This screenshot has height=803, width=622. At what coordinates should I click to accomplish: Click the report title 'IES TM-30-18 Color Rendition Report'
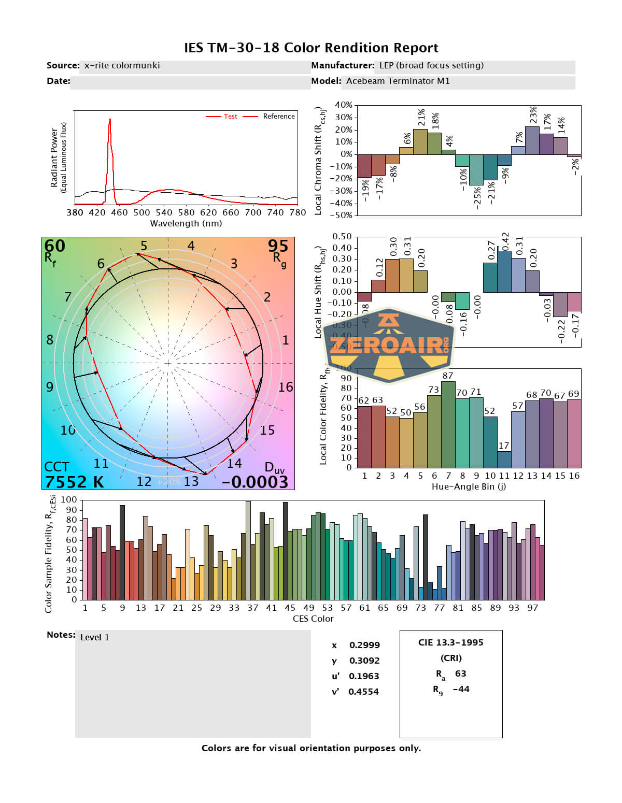click(311, 48)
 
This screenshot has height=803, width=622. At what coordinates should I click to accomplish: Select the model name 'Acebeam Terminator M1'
click(398, 81)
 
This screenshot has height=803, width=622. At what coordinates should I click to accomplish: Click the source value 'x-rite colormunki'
click(122, 65)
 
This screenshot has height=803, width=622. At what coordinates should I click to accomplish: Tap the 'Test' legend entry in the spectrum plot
click(230, 117)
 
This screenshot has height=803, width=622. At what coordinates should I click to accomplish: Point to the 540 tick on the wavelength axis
click(164, 212)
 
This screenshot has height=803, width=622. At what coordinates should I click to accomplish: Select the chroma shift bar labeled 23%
click(532, 140)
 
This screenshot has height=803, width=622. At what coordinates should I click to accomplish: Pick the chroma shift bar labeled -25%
click(476, 169)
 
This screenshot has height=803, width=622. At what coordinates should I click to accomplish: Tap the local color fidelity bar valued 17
click(504, 459)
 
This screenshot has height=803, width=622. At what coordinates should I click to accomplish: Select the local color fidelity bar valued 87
click(448, 424)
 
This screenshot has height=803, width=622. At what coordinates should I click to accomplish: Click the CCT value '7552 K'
click(74, 482)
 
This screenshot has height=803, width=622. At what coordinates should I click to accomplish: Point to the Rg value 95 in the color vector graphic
click(278, 246)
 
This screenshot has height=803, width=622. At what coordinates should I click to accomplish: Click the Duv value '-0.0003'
click(255, 482)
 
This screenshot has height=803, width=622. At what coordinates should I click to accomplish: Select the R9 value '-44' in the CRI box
click(461, 689)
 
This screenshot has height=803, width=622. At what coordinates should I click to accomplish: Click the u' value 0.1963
click(363, 676)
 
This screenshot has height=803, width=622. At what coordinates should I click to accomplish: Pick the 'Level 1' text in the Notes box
click(95, 637)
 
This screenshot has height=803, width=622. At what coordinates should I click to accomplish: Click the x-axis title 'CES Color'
click(313, 619)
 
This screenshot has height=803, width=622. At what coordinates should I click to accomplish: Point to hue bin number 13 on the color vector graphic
click(191, 481)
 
